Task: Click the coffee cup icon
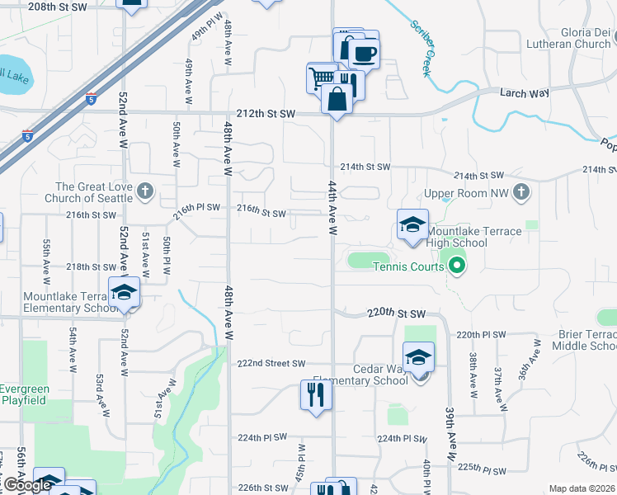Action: (363, 54)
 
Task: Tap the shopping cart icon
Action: (320, 78)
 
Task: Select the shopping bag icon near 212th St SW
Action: (337, 98)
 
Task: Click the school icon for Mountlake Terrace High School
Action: (412, 224)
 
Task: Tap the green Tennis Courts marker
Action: (455, 266)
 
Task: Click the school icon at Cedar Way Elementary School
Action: (419, 358)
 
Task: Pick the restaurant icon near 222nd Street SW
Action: (315, 394)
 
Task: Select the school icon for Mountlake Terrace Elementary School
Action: (125, 293)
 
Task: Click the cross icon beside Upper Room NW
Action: (520, 192)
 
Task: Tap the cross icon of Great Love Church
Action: (145, 192)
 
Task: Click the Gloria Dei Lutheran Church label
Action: (571, 37)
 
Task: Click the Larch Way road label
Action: (524, 93)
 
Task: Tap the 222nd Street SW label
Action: (271, 364)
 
